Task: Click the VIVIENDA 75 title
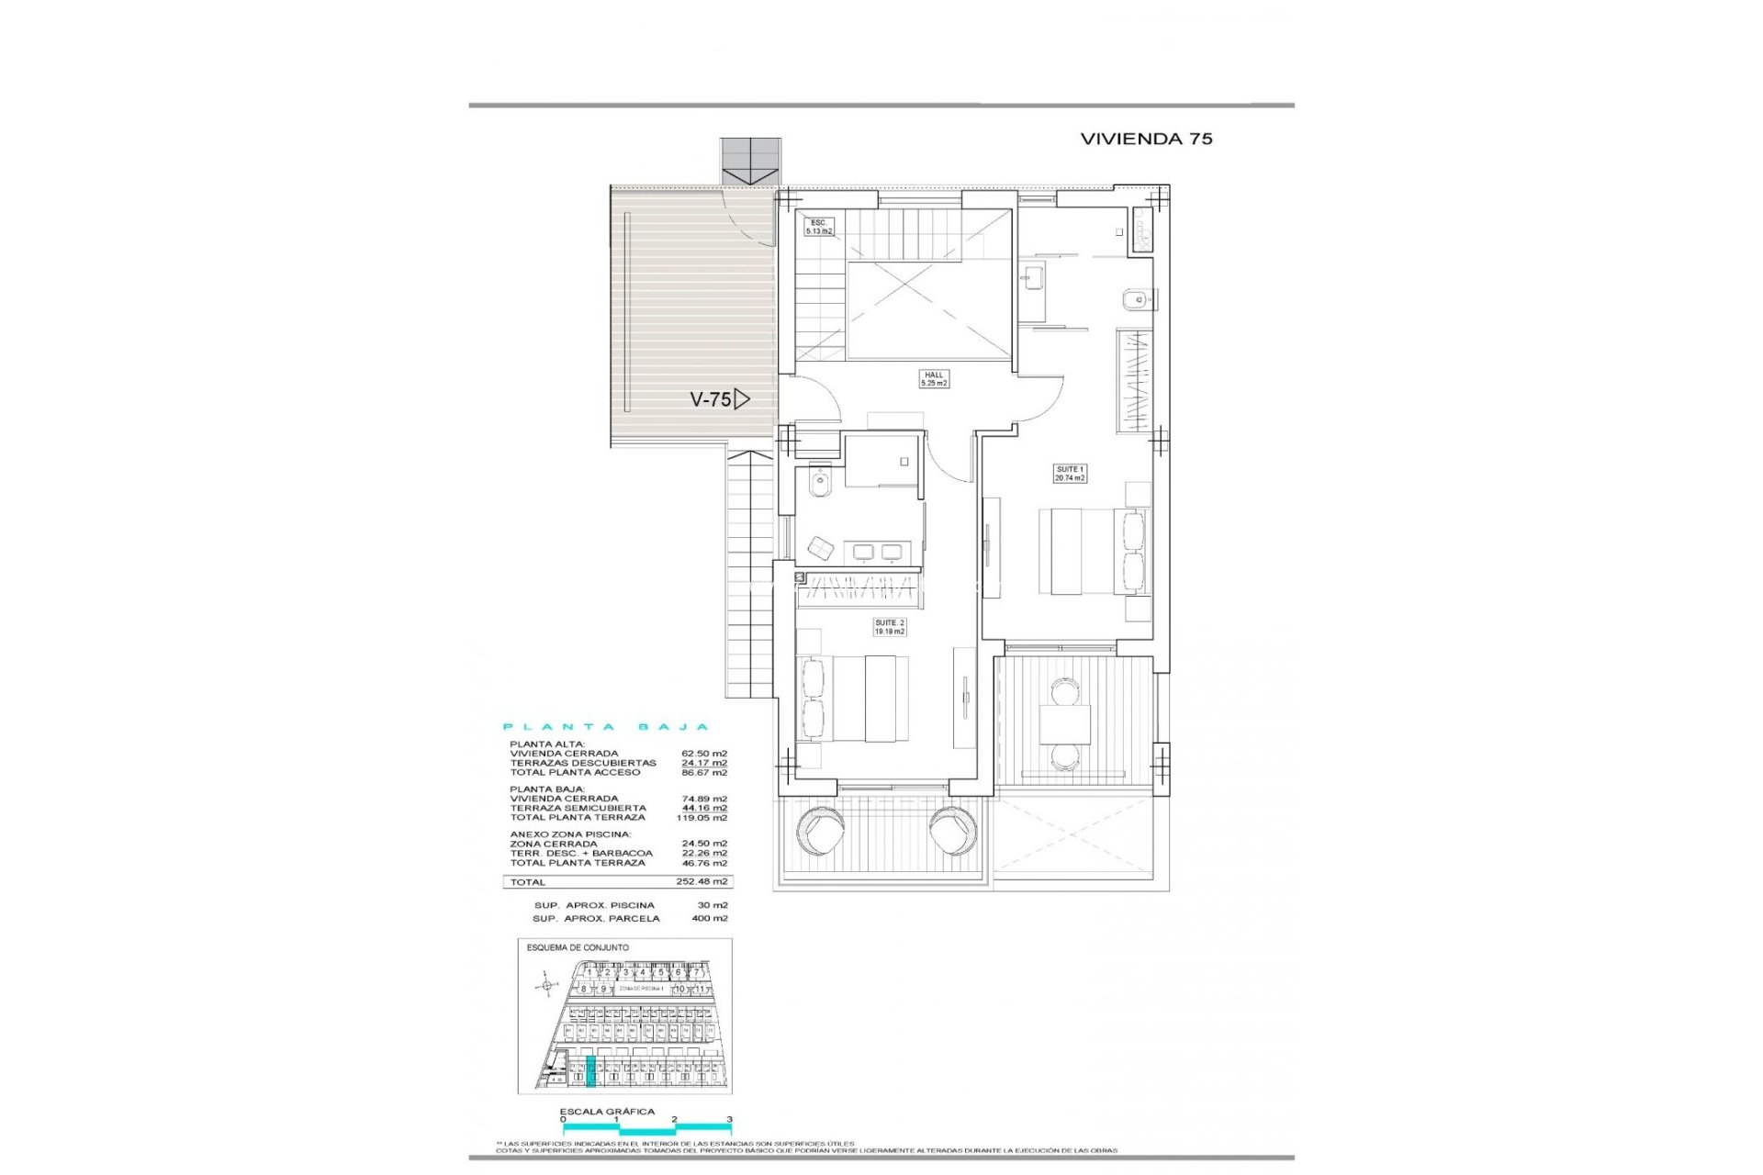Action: tap(1146, 139)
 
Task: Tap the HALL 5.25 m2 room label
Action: tap(934, 379)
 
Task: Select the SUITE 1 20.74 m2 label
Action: tap(1070, 474)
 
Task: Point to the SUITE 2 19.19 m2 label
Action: tap(889, 627)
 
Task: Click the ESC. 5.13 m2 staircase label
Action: tap(819, 227)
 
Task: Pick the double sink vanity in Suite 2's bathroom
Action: tap(877, 551)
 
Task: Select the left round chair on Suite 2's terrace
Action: tap(816, 832)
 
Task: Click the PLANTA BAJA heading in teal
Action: tap(607, 727)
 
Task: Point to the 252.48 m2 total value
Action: tap(702, 881)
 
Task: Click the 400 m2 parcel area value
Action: tap(710, 918)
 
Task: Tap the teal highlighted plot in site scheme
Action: tap(591, 1071)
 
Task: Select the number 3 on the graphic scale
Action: tap(729, 1119)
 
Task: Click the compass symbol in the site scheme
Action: tap(546, 987)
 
